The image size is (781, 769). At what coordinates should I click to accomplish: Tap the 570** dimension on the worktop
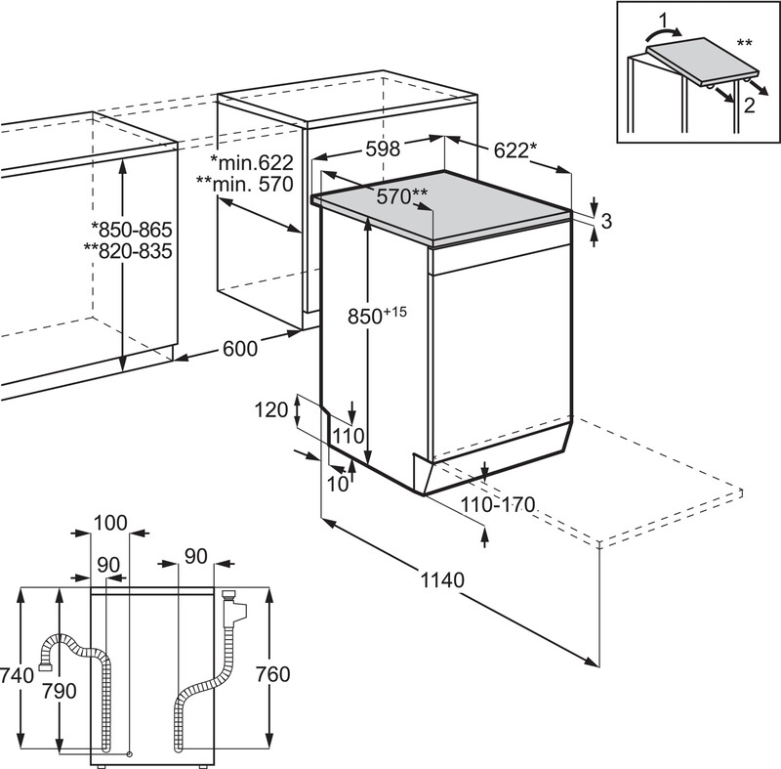(403, 196)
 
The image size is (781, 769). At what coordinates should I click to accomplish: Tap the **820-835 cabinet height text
(129, 251)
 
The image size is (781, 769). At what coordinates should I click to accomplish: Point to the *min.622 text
(251, 161)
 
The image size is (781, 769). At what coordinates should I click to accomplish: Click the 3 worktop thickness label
(605, 222)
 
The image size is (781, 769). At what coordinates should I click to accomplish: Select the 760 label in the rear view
(272, 673)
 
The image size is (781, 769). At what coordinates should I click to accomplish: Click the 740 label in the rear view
(18, 673)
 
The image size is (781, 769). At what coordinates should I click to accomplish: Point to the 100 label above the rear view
(110, 524)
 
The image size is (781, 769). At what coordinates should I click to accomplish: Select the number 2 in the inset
(748, 106)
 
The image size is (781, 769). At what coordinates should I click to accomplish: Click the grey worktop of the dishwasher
(449, 209)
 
